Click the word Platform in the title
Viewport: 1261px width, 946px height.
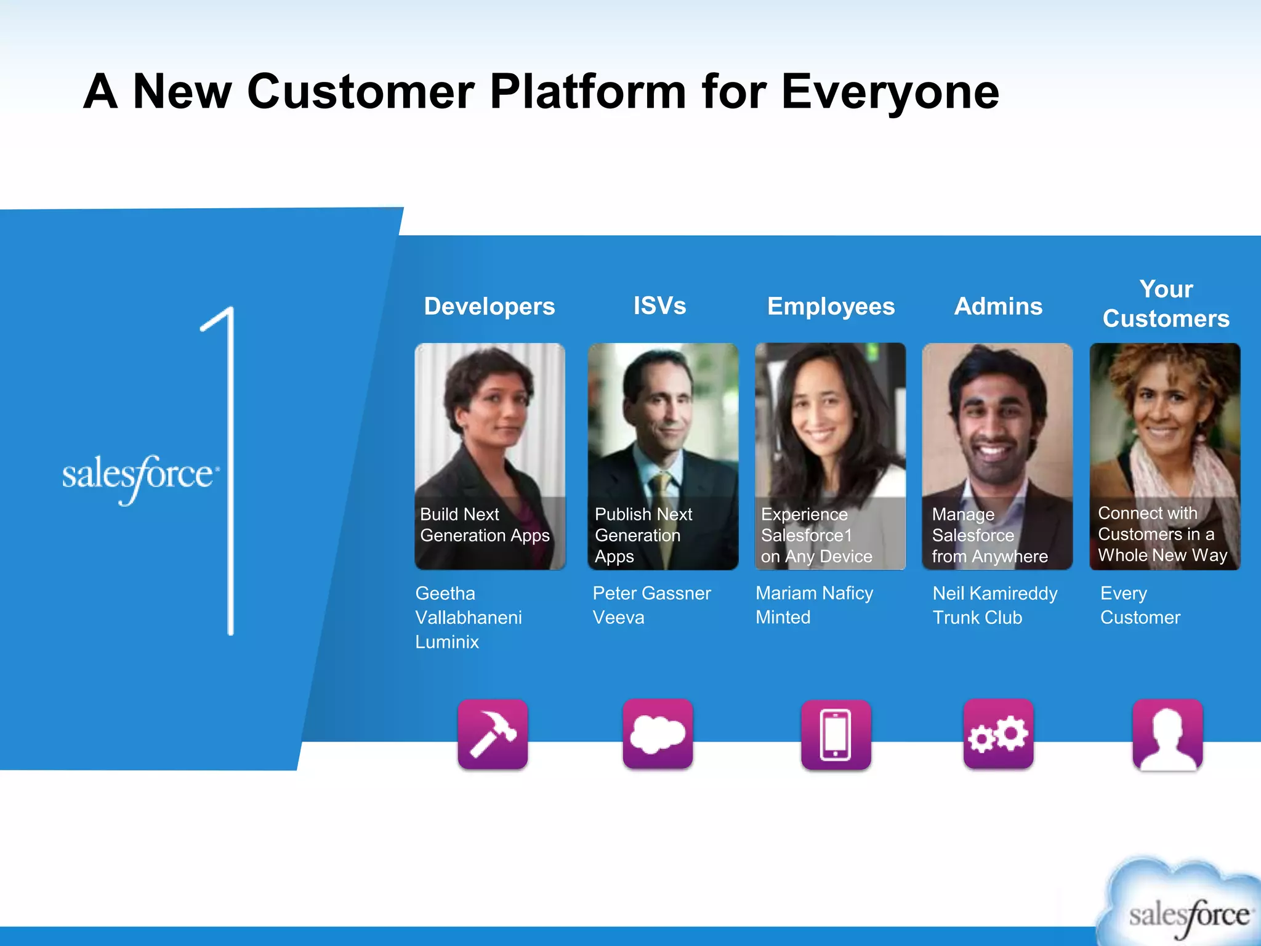[x=587, y=92]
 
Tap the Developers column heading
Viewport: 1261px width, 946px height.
[x=489, y=306]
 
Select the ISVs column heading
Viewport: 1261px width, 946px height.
[x=659, y=305]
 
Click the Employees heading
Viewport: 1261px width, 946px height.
[x=831, y=306]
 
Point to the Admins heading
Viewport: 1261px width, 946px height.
[x=998, y=306]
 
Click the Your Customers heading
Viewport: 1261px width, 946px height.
[x=1166, y=304]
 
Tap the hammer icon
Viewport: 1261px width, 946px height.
[x=493, y=734]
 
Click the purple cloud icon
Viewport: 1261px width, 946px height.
[x=658, y=734]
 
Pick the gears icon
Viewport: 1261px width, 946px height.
[x=998, y=734]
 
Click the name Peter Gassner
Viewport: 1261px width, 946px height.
[x=651, y=593]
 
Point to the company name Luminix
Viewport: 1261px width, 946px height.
[x=447, y=642]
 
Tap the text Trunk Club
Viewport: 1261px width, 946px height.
[x=977, y=617]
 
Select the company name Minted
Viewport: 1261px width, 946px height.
[x=783, y=617]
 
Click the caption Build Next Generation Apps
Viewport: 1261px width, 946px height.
[x=484, y=525]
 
